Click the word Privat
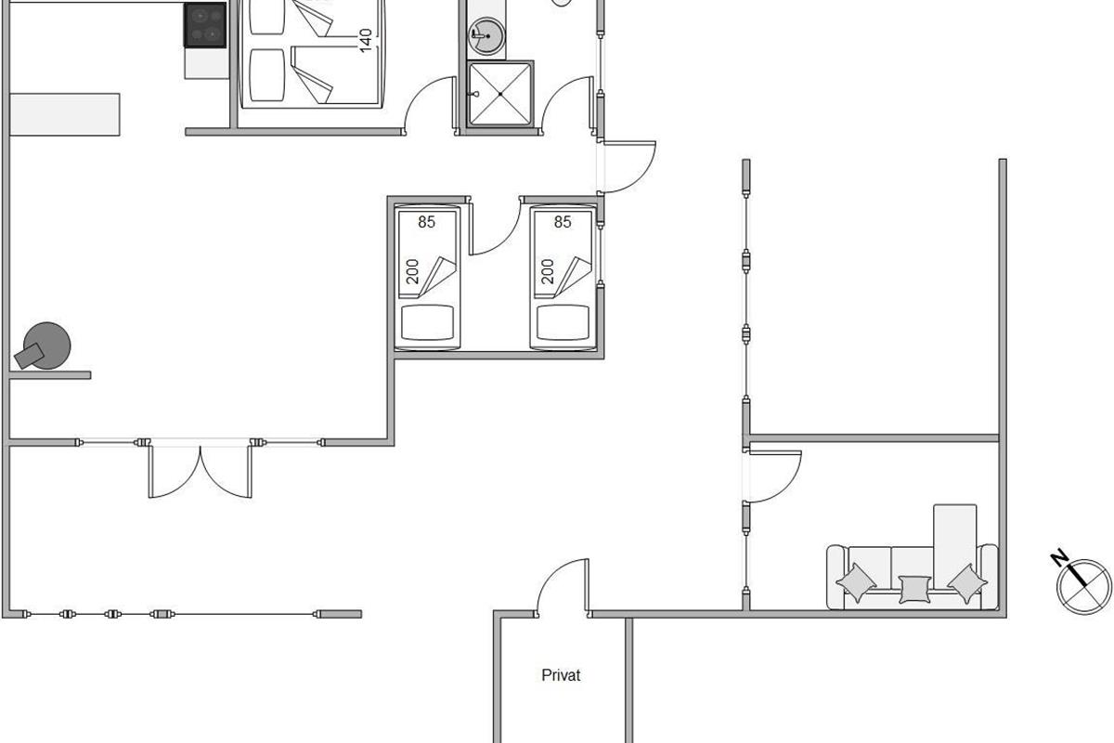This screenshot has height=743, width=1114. click(561, 675)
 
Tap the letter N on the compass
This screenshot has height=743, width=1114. click(1060, 557)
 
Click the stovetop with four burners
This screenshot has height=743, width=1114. click(205, 25)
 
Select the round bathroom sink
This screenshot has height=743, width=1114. click(486, 36)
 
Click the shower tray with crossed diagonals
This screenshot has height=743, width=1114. click(499, 94)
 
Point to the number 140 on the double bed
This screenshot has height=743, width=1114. click(365, 40)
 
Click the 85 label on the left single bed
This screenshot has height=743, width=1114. click(426, 222)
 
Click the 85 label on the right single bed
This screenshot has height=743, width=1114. click(563, 222)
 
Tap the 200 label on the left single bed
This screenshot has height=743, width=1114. click(412, 271)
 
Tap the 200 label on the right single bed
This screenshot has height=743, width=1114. click(547, 271)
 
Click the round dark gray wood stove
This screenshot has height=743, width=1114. click(46, 345)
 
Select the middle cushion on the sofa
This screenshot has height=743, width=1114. click(914, 589)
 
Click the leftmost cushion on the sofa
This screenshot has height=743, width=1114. click(856, 582)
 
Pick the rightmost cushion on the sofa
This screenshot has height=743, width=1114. click(967, 583)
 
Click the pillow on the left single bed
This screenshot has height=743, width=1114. click(427, 322)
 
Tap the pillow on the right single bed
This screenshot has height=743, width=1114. click(563, 322)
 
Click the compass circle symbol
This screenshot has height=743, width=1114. click(1084, 587)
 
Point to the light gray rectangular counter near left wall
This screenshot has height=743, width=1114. click(65, 114)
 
